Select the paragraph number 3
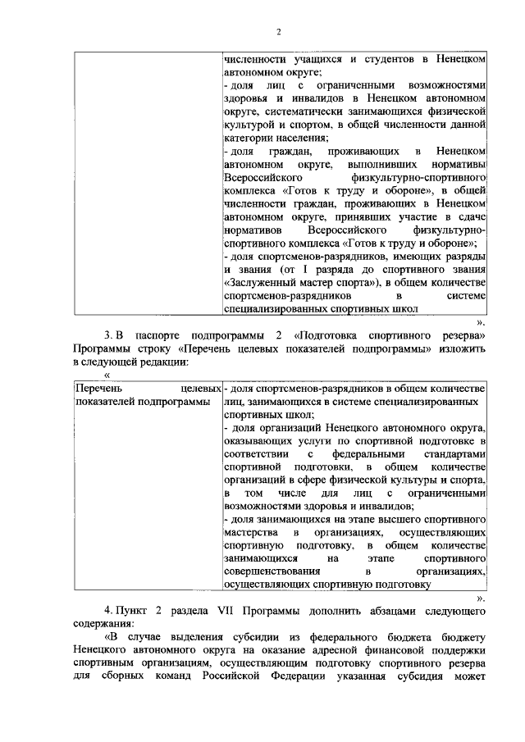[x=107, y=335]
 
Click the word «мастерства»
[x=250, y=532]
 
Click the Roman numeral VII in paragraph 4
[x=228, y=612]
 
